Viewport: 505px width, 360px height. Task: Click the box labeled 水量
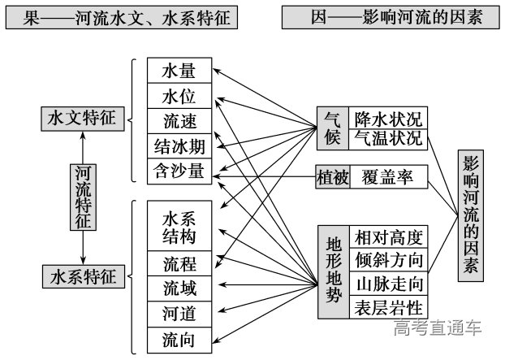pos(179,71)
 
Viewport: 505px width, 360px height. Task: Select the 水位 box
pos(179,96)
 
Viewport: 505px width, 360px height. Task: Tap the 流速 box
pos(179,121)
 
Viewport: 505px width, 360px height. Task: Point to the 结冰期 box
pos(179,146)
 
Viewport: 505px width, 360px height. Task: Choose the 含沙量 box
pos(179,171)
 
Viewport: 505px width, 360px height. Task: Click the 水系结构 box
pos(179,228)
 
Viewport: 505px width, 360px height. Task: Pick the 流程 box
pos(179,264)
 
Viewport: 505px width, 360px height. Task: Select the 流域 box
pos(179,288)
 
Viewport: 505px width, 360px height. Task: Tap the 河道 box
pos(179,314)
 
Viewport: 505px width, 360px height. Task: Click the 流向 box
pos(179,339)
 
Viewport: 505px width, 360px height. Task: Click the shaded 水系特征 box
pos(82,275)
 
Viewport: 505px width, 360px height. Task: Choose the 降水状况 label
pos(388,118)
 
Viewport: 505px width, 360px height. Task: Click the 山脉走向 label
pos(388,284)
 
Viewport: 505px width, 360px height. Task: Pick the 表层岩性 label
pos(388,307)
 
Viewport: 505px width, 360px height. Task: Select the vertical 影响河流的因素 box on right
pos(471,215)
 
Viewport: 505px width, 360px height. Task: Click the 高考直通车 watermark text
pos(438,328)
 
